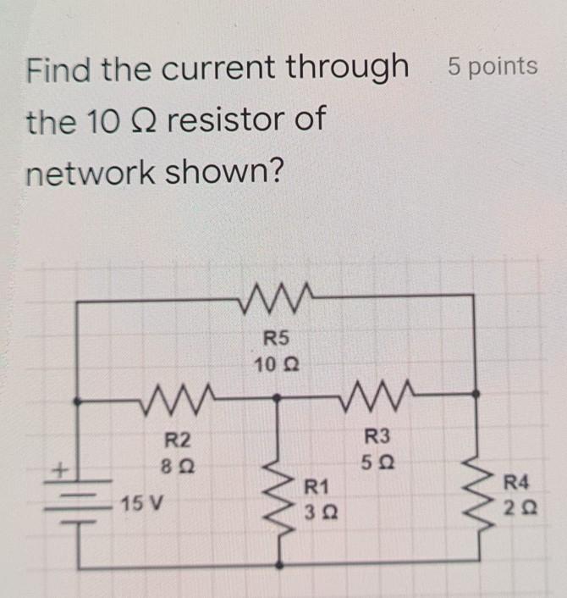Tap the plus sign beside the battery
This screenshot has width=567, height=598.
point(61,468)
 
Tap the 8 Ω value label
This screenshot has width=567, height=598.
point(177,465)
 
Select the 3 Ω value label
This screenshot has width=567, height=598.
point(317,512)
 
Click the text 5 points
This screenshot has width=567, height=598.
point(493,66)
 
